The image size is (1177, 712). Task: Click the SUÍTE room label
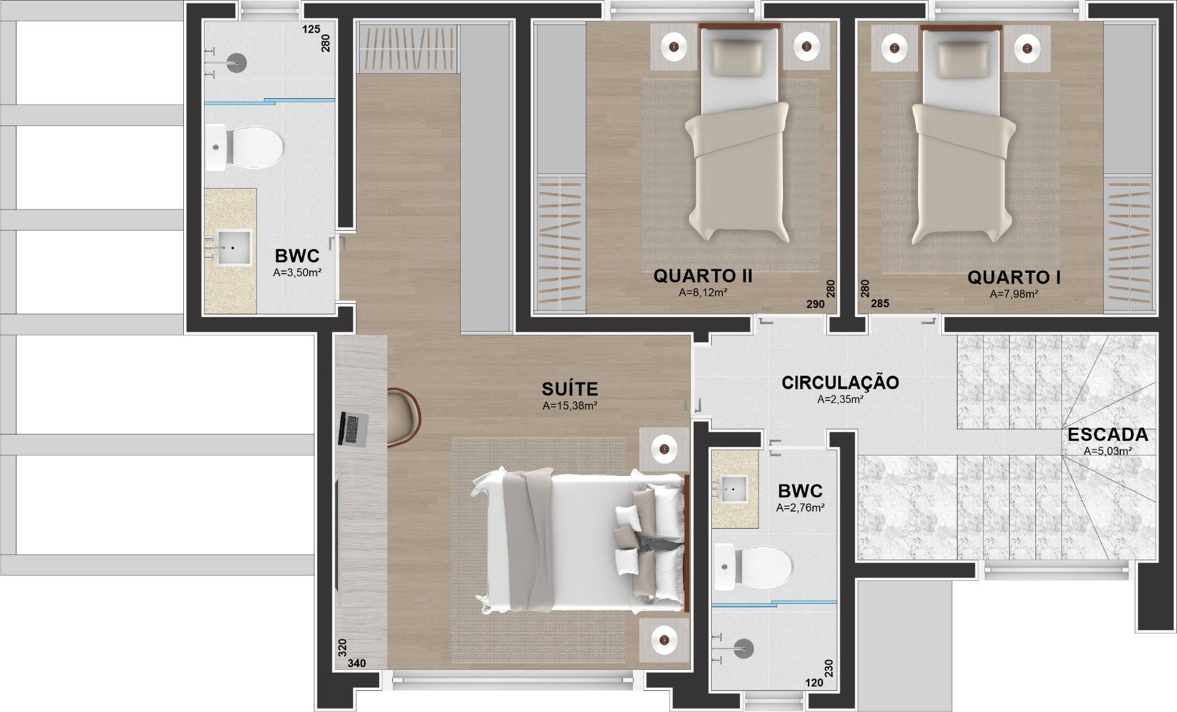tap(569, 388)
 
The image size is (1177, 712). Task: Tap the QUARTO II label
tap(703, 276)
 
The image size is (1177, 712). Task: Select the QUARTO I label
tap(1014, 278)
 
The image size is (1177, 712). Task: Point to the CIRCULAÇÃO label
tap(840, 382)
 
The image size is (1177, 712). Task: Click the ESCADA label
tap(1108, 435)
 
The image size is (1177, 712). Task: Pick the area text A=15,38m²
tap(570, 406)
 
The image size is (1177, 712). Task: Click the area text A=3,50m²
tap(297, 272)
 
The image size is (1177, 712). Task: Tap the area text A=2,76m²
tap(800, 508)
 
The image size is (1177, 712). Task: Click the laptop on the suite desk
tap(353, 429)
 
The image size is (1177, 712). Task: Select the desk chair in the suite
tap(403, 418)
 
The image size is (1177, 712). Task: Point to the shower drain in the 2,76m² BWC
tap(744, 648)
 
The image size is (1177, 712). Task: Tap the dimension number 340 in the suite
tap(357, 663)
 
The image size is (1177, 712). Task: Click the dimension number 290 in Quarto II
tap(815, 304)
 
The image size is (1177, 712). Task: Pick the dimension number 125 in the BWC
tap(311, 30)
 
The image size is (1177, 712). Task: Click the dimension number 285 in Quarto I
tap(880, 304)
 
